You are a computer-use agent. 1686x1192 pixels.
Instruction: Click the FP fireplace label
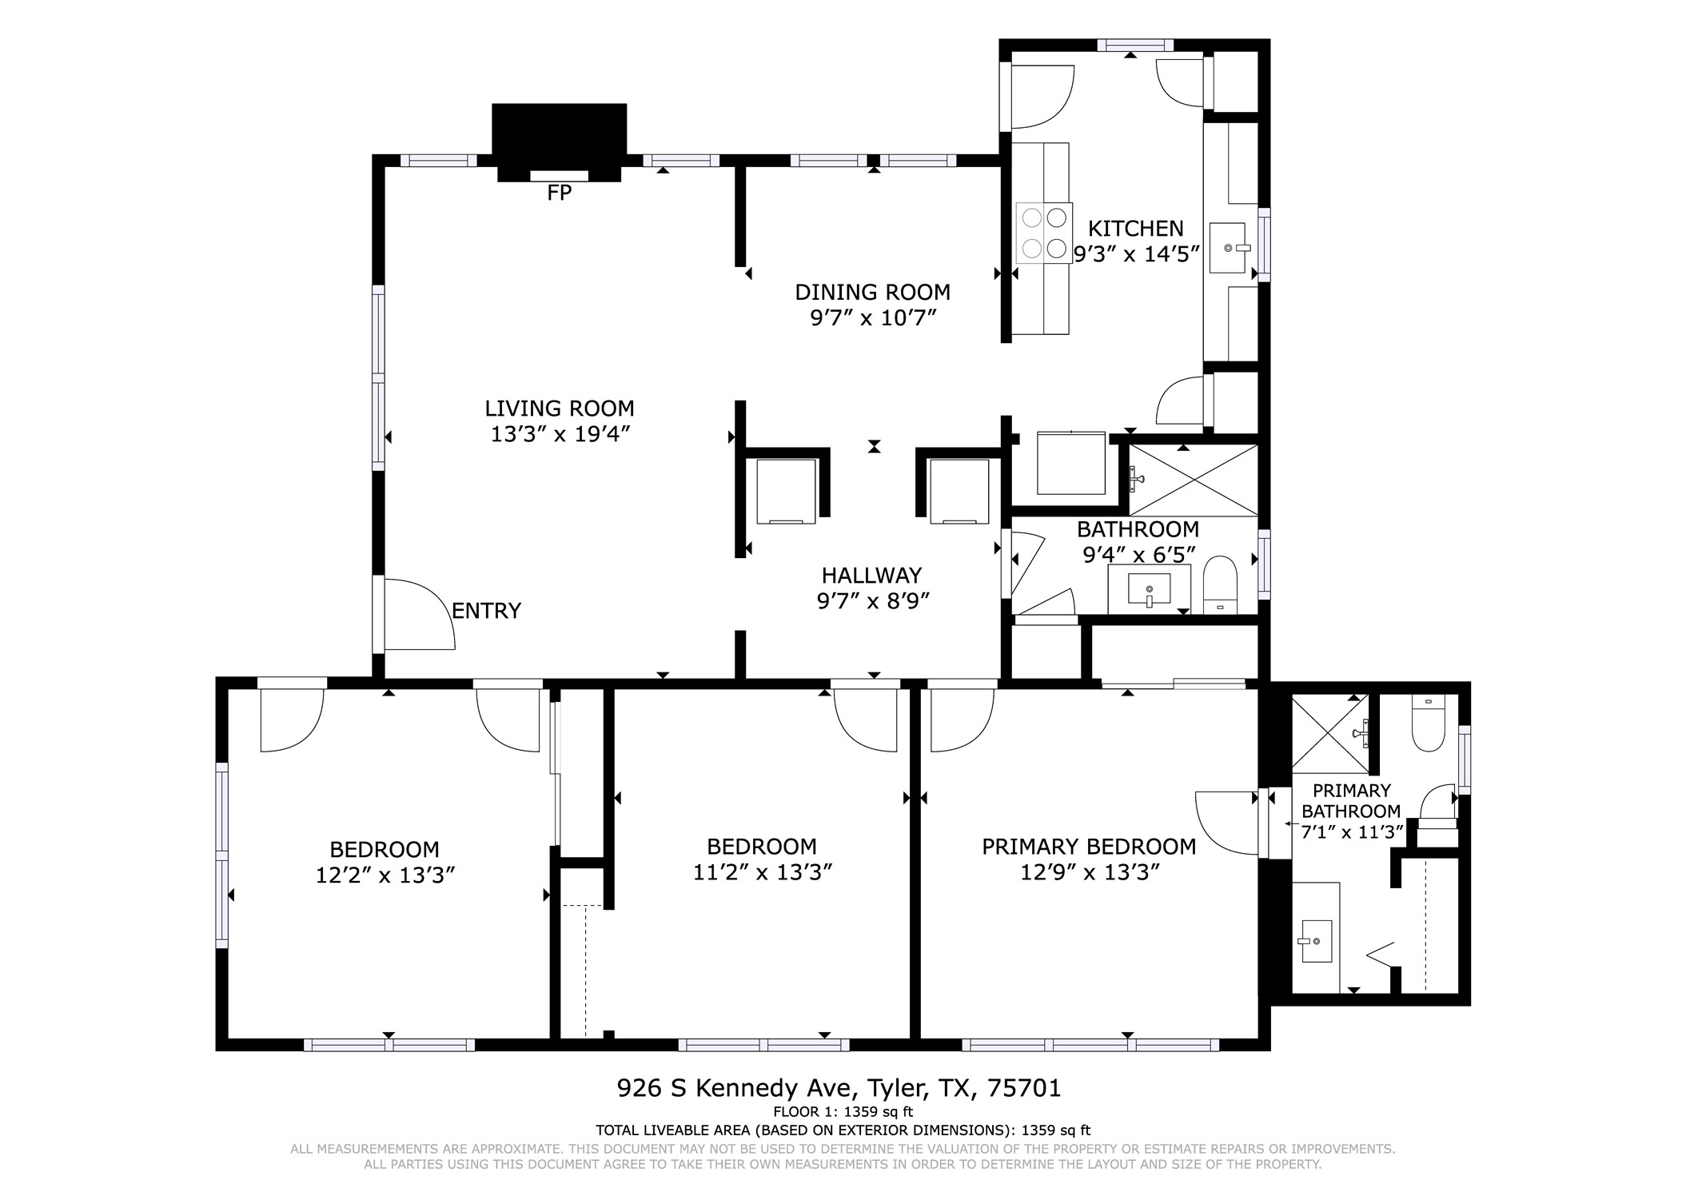tap(559, 193)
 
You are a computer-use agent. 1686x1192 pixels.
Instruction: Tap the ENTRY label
tap(486, 611)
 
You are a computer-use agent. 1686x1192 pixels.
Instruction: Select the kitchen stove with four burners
tap(1042, 233)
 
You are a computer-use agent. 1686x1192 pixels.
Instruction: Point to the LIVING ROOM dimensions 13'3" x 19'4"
tap(560, 434)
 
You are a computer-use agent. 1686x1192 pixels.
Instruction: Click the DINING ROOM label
tap(872, 292)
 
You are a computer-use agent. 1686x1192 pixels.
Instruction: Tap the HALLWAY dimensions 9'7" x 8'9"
tap(873, 600)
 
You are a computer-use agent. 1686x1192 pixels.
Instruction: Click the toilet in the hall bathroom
tap(1220, 584)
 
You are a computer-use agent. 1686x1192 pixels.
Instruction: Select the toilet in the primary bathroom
tap(1428, 723)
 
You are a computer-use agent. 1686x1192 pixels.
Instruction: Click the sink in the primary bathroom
tap(1315, 941)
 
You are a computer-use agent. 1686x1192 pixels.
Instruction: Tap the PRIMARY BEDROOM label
tap(1089, 847)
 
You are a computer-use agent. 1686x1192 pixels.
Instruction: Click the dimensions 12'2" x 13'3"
tap(385, 875)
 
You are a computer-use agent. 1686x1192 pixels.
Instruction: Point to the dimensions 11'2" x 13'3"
tap(763, 872)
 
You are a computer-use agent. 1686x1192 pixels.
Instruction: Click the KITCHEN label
tap(1135, 229)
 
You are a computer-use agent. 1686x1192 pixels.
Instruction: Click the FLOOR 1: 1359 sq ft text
tap(843, 1111)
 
